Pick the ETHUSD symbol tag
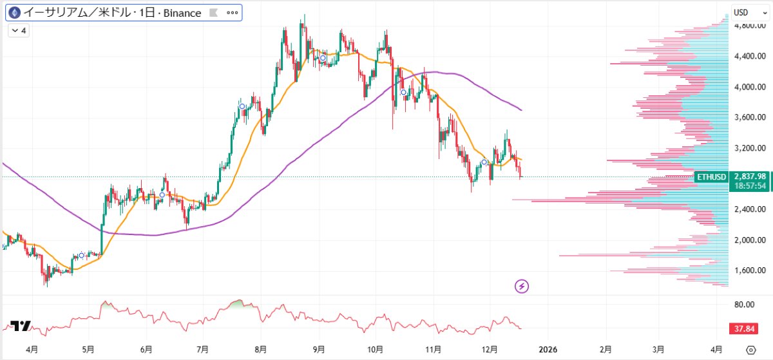tap(712, 176)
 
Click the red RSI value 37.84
tap(745, 329)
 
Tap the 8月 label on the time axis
tap(261, 350)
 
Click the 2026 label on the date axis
tap(548, 350)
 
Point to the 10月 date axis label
tap(376, 350)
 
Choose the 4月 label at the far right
tap(716, 350)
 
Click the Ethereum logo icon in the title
tap(14, 13)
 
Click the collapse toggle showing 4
tap(19, 30)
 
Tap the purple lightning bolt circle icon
tap(522, 286)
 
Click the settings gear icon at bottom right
tap(750, 350)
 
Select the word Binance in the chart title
tap(178, 13)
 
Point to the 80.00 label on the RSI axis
tap(745, 304)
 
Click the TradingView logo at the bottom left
tap(21, 327)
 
